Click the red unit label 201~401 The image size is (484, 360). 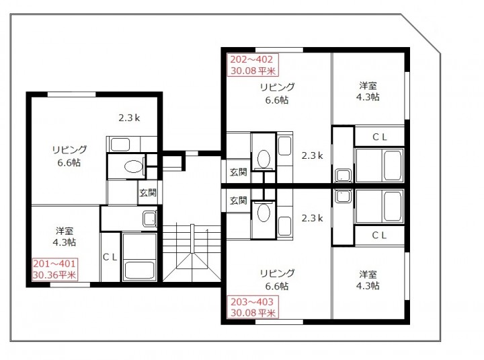point(54,264)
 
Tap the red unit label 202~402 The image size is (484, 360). point(251,59)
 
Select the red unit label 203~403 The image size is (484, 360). point(252,301)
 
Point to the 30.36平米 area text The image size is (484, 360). point(54,275)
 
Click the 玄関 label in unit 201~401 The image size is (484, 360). point(148,192)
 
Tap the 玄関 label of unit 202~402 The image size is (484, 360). point(238,172)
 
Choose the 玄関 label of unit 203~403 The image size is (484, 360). point(238,201)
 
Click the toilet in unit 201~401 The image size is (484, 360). point(134,167)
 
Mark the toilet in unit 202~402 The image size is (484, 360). point(264,159)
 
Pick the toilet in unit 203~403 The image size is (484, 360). point(264,213)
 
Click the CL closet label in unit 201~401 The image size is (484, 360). point(110,257)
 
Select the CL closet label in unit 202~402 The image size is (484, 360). point(380,137)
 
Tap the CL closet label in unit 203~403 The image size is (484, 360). point(379,236)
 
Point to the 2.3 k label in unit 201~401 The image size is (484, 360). point(129,118)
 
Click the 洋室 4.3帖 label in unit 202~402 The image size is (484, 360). point(368,92)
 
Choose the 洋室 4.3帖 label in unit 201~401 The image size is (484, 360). point(65,237)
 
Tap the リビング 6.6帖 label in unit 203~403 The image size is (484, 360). point(277,280)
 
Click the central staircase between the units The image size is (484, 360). point(192,252)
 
